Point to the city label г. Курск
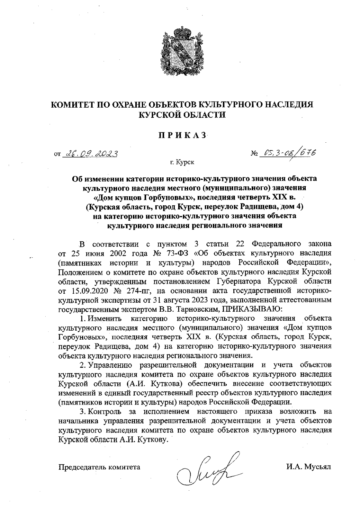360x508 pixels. point(182,162)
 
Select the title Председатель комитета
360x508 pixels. point(99,467)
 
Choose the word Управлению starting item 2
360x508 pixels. point(110,365)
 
